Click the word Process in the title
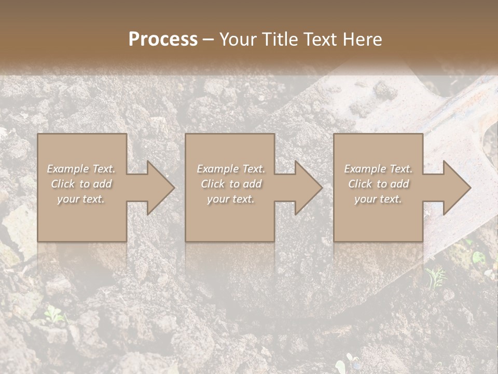163,39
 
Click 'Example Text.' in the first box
81,169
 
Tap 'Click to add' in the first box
81,184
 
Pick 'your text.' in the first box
81,199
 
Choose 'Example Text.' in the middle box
230,169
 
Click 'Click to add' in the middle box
230,184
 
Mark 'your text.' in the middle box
230,199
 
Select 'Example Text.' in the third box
378,169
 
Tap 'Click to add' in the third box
378,184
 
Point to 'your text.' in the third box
378,199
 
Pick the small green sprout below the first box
53,313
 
